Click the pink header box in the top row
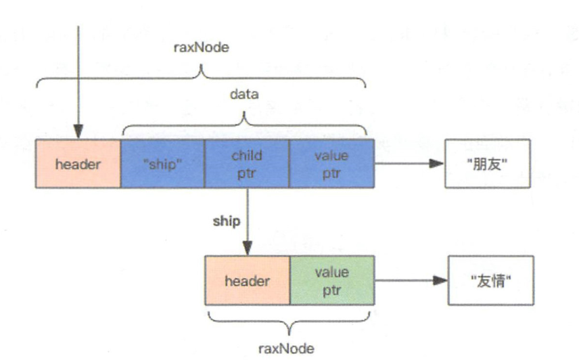(x=78, y=163)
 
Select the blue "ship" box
(x=162, y=163)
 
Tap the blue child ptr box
(x=247, y=163)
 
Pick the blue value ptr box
(x=331, y=163)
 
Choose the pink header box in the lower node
(x=247, y=280)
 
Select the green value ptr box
(x=331, y=280)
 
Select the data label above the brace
(x=244, y=95)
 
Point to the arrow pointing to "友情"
(x=409, y=280)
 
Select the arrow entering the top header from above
(x=78, y=81)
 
